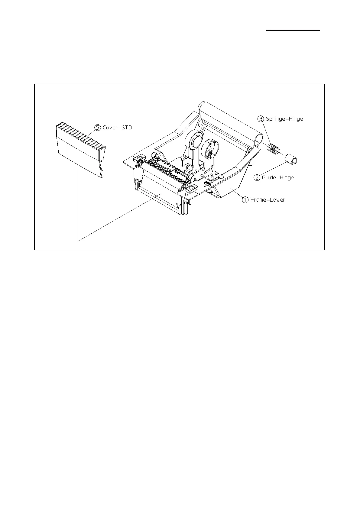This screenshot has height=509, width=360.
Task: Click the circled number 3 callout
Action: [261, 119]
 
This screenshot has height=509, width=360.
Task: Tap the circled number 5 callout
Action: [98, 128]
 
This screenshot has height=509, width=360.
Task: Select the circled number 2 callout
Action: [257, 177]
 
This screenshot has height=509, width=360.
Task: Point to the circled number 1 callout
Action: [245, 199]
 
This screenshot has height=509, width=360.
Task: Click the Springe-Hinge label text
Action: [284, 119]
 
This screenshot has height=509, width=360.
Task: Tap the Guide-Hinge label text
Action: [278, 177]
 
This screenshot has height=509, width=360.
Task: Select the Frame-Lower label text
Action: [268, 199]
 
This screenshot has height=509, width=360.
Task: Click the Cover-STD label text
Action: [117, 128]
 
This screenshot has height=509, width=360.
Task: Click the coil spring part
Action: [274, 148]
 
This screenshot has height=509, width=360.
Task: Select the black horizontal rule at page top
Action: [293, 30]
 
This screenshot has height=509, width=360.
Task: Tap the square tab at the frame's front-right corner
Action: [190, 189]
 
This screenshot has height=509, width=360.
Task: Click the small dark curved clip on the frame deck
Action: [207, 183]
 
